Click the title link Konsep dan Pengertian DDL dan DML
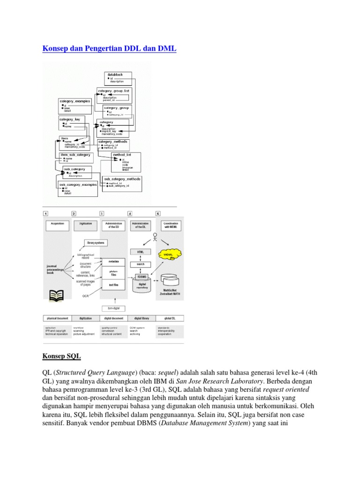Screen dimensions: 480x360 [109, 49]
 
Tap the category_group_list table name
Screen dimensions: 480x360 [114, 90]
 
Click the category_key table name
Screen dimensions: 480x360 [69, 119]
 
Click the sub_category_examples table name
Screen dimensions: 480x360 [78, 185]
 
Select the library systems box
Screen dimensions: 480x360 [95, 243]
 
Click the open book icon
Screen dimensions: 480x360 [57, 295]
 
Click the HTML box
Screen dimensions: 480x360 [140, 252]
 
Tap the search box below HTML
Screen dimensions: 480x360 [140, 264]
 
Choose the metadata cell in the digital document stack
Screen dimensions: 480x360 [113, 261]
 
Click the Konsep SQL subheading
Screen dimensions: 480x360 [61, 357]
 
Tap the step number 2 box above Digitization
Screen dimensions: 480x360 [74, 213]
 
